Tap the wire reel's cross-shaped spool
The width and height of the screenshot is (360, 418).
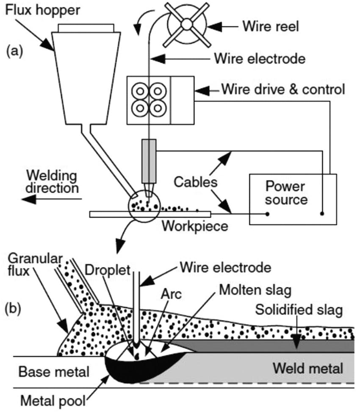coord(187,25)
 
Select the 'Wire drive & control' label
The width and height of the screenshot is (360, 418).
coord(283,90)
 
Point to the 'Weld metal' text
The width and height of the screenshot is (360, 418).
coord(308,368)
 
